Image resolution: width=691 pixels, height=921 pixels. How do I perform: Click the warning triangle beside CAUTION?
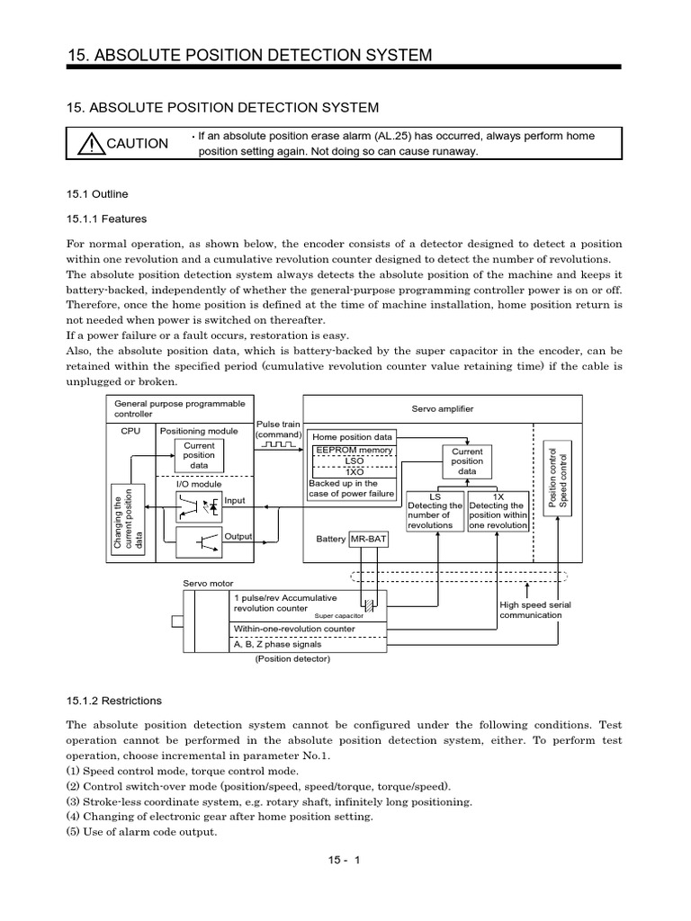(91, 144)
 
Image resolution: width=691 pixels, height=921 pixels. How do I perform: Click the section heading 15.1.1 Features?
(107, 219)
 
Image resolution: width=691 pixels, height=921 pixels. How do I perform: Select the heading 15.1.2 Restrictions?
(114, 701)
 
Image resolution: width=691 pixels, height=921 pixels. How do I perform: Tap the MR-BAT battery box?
(368, 539)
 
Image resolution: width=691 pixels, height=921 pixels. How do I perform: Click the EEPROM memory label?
(353, 451)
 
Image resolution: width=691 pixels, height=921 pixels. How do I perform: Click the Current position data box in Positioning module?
(199, 456)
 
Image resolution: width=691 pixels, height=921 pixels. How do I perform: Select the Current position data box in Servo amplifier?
(467, 461)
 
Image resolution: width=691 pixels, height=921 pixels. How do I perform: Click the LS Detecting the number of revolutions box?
(435, 511)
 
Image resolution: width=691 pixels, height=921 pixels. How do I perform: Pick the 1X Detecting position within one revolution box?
(497, 511)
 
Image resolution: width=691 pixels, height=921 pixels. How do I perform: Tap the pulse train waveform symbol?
(279, 444)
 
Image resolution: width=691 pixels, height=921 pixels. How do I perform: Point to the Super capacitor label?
(337, 616)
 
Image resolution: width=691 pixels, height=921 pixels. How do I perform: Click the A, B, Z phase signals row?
(309, 644)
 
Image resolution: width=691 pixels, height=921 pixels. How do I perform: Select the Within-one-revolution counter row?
(309, 629)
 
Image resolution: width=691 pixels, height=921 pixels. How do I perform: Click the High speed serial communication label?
(534, 611)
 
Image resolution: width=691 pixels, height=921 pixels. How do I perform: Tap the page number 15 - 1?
(344, 860)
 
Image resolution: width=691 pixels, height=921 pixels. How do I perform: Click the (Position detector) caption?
(292, 659)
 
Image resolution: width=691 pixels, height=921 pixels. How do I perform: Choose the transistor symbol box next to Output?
(199, 541)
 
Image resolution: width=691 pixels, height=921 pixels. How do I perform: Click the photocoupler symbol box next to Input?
(199, 506)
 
